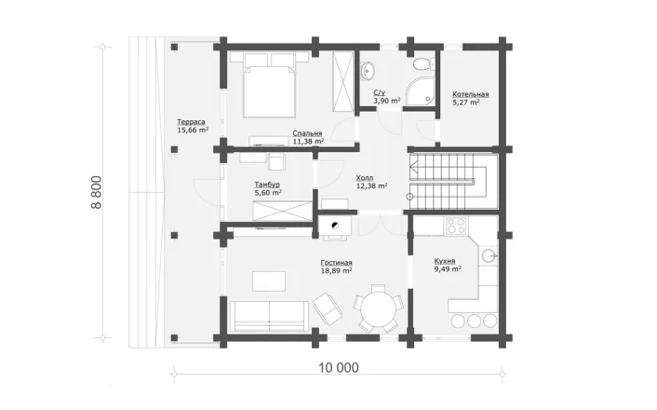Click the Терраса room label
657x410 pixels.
coord(191,122)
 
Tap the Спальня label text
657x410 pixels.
coord(307,133)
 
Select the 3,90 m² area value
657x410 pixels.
coord(387,101)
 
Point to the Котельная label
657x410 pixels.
coord(471,94)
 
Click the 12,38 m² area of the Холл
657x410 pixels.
coord(371,185)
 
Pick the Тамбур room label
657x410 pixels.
coord(267,184)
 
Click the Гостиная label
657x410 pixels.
coord(337,263)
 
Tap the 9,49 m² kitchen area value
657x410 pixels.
coord(448,269)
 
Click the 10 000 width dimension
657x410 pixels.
coord(339,368)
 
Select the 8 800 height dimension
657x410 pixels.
coord(96,192)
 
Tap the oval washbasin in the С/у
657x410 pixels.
coord(368,70)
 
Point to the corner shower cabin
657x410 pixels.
coord(421,90)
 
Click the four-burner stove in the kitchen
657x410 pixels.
coord(456,225)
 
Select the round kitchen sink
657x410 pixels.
coord(489,255)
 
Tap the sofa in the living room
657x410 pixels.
coord(270,316)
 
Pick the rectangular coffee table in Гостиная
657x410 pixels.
coord(269,281)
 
